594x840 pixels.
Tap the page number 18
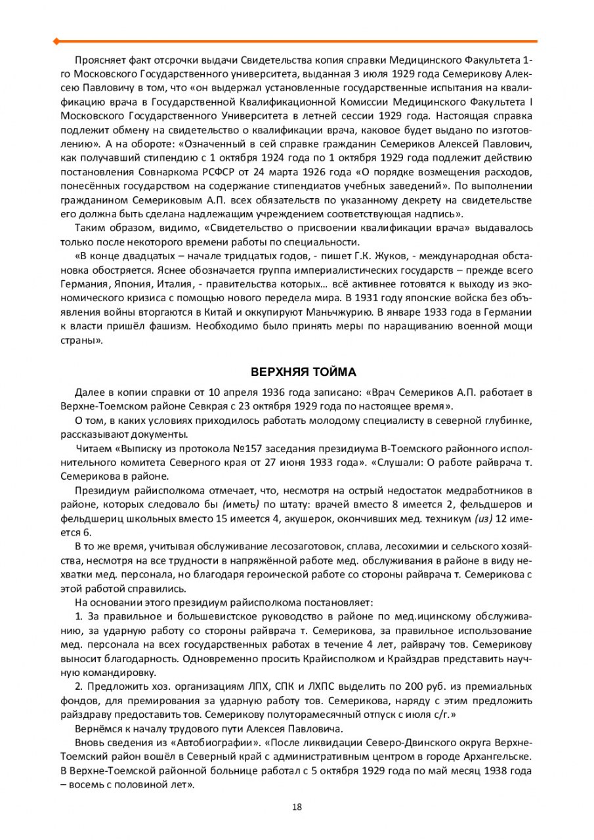tap(297, 807)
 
